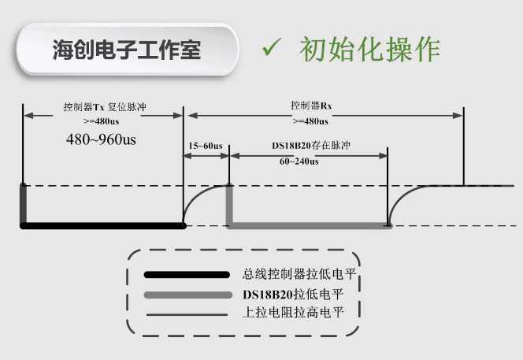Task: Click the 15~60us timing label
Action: pyautogui.click(x=206, y=146)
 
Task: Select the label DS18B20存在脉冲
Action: pyautogui.click(x=310, y=146)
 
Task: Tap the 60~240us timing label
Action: pyautogui.click(x=299, y=161)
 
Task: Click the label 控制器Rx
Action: pyautogui.click(x=309, y=106)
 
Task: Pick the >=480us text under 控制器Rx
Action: pyautogui.click(x=310, y=121)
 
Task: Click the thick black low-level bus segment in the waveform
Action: pyautogui.click(x=102, y=225)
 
